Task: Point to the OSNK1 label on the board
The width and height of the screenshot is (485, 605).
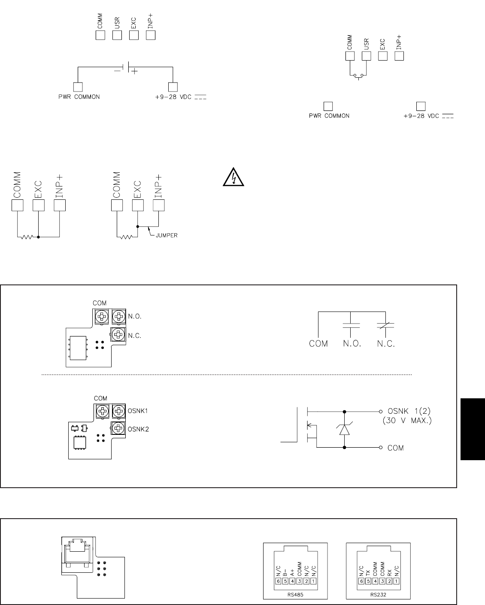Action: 137,410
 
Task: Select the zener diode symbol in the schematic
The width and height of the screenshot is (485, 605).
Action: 345,428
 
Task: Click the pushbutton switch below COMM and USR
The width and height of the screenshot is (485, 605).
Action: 358,76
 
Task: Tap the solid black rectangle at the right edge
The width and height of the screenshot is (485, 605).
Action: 473,429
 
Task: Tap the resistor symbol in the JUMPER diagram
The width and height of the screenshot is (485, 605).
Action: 126,236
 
